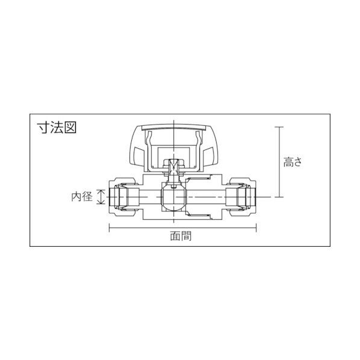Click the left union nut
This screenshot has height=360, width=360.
pos(125,196)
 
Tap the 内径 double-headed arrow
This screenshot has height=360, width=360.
pos(101,196)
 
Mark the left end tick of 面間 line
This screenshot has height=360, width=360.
pos(109,227)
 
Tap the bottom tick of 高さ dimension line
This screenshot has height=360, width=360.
pos(279,197)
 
